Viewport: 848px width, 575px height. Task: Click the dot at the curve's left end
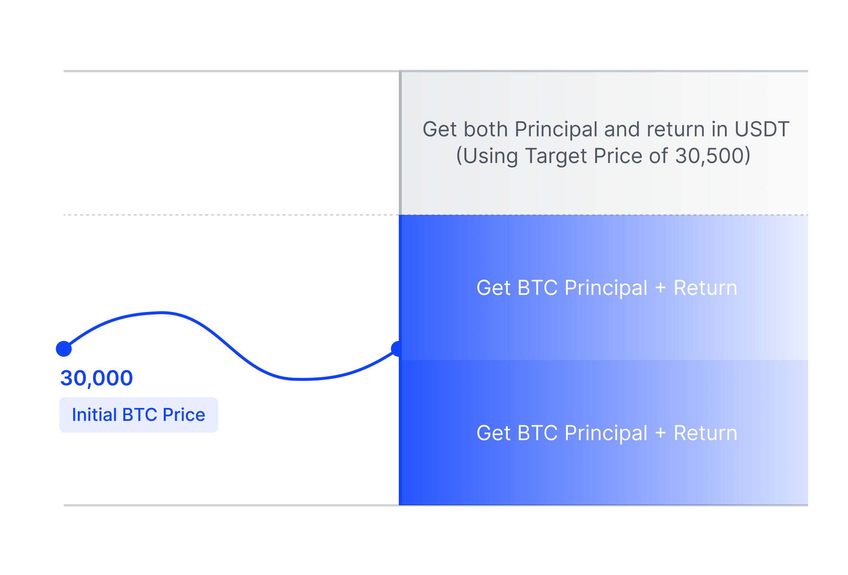pos(64,349)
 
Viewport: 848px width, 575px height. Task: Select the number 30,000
pos(96,378)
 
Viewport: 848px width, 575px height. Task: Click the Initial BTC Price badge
pos(139,415)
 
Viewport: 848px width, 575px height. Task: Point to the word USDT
pos(762,129)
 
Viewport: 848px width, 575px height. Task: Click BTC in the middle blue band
pos(537,288)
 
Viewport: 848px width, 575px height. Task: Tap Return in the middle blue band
pos(706,288)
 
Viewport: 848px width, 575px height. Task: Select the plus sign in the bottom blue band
pos(660,433)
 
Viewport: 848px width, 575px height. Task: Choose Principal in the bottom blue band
pos(606,433)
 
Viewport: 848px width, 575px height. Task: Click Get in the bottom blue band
pos(494,433)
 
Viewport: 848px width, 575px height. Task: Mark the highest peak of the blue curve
pos(162,313)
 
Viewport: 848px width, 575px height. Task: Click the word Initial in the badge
pos(95,415)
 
